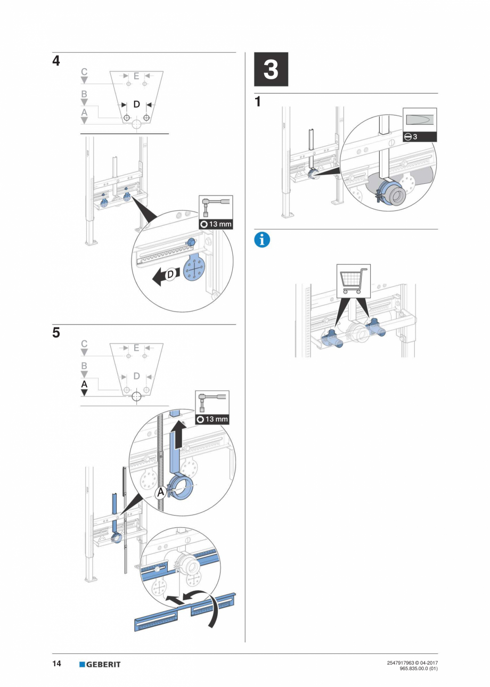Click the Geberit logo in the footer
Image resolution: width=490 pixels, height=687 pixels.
pyautogui.click(x=100, y=664)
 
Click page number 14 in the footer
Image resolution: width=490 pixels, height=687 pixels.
pyautogui.click(x=56, y=664)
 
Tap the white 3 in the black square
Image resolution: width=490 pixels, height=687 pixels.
pyautogui.click(x=271, y=70)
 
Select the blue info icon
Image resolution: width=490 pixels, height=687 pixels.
pyautogui.click(x=262, y=240)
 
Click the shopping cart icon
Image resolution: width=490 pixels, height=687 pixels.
pyautogui.click(x=352, y=281)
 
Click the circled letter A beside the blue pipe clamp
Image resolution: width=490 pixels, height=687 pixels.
pyautogui.click(x=160, y=493)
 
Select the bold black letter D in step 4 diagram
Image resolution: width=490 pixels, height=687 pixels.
pyautogui.click(x=136, y=104)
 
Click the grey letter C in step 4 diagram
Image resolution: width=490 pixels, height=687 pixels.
pyautogui.click(x=84, y=72)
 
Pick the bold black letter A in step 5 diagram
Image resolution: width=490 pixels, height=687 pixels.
pyautogui.click(x=84, y=384)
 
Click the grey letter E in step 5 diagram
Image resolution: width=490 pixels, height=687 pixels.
pyautogui.click(x=136, y=348)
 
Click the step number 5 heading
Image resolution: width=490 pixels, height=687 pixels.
pyautogui.click(x=56, y=333)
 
